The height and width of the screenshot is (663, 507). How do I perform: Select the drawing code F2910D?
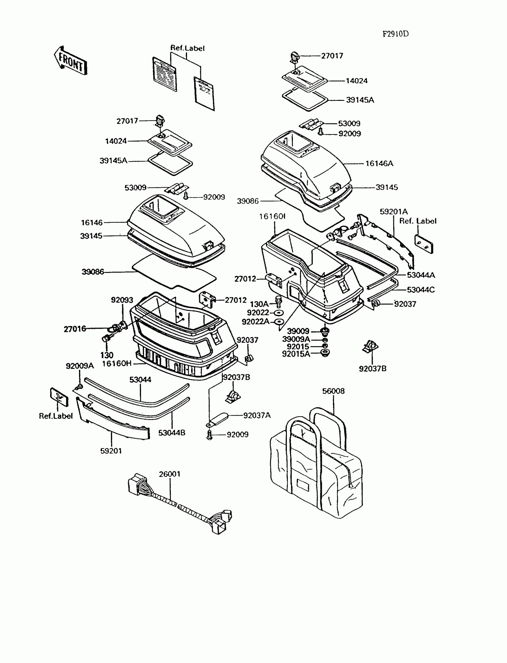pos(395,34)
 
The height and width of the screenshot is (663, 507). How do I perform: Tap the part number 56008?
pos(333,391)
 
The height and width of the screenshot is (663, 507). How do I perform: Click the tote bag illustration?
pos(316,465)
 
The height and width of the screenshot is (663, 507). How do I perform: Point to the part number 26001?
pos(170,474)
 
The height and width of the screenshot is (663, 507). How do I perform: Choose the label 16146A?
pos(379,163)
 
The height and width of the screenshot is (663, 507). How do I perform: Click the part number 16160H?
pos(117,364)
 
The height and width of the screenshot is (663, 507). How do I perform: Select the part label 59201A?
pos(394,211)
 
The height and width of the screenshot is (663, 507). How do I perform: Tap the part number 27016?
pos(75,329)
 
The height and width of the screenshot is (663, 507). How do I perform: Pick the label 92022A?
pos(256,322)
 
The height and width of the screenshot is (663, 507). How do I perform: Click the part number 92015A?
pos(296,354)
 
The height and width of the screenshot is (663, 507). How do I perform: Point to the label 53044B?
pos(172,433)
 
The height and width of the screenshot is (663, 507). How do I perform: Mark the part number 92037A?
pos(257,415)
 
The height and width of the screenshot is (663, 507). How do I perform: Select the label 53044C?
pos(421,290)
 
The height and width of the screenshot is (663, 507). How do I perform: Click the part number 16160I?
pos(272,217)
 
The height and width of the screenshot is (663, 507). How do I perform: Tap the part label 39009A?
pos(296,339)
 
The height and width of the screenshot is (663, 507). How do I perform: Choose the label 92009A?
pos(80,366)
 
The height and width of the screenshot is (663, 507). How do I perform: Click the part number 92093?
pos(122,300)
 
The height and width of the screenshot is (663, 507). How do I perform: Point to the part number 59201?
pos(111,451)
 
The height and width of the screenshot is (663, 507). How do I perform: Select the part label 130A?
pos(259,304)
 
